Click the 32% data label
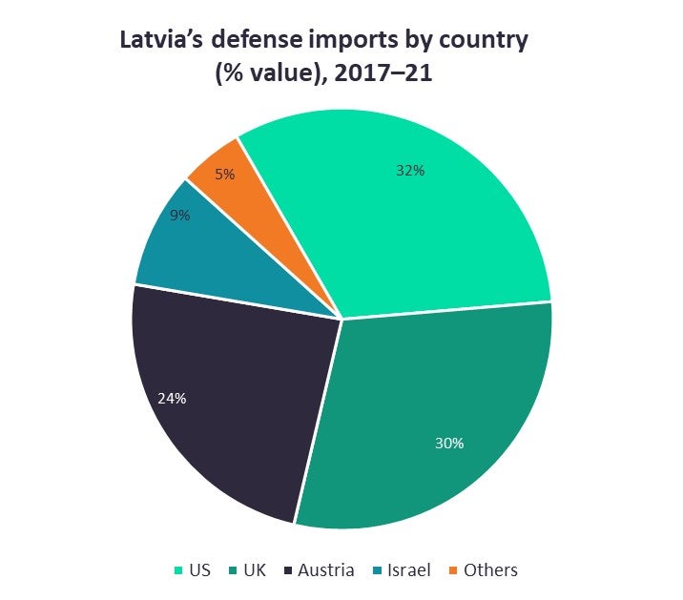click(x=410, y=171)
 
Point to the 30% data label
click(x=449, y=444)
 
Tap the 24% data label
click(x=172, y=399)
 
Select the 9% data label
click(x=180, y=216)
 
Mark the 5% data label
click(x=225, y=175)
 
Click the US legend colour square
click(x=177, y=571)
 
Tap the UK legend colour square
click(x=234, y=571)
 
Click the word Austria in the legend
click(x=326, y=570)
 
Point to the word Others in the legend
click(x=490, y=570)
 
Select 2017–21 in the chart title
click(x=379, y=73)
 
